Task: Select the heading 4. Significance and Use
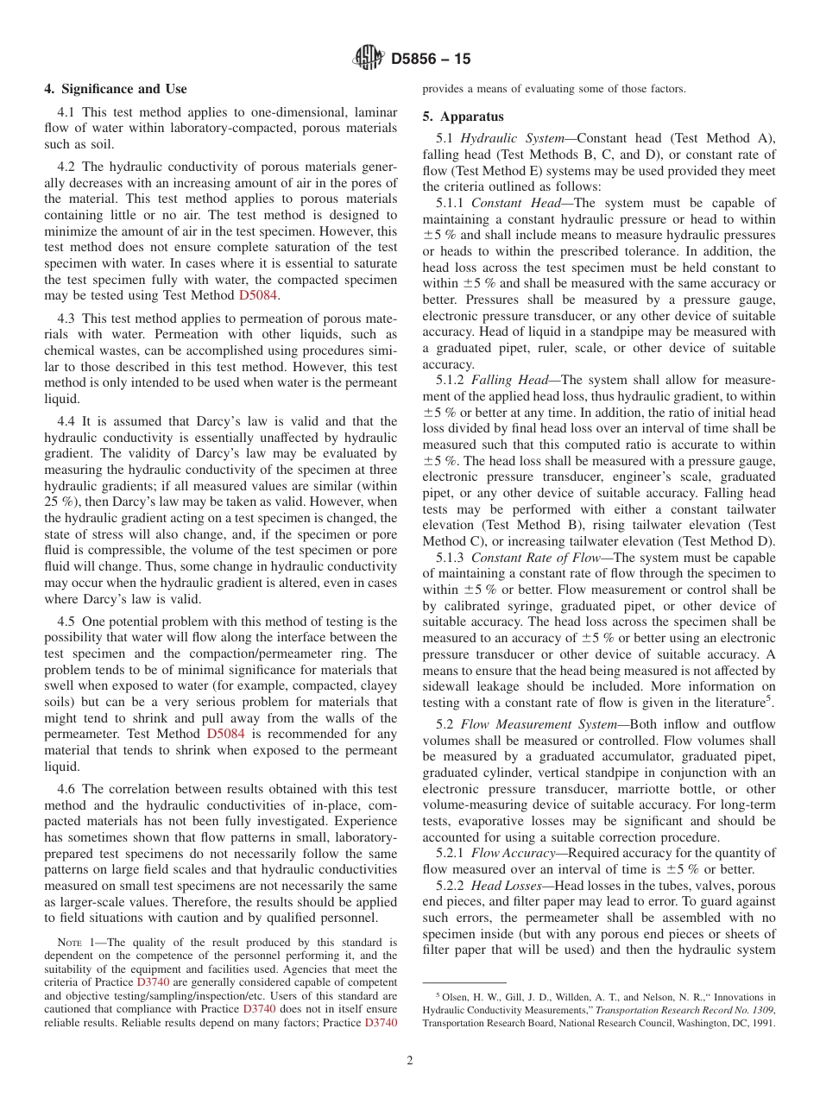click(x=115, y=89)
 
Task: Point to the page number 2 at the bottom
click(x=410, y=1060)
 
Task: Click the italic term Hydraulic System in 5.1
click(x=515, y=138)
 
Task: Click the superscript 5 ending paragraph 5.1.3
click(x=771, y=697)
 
